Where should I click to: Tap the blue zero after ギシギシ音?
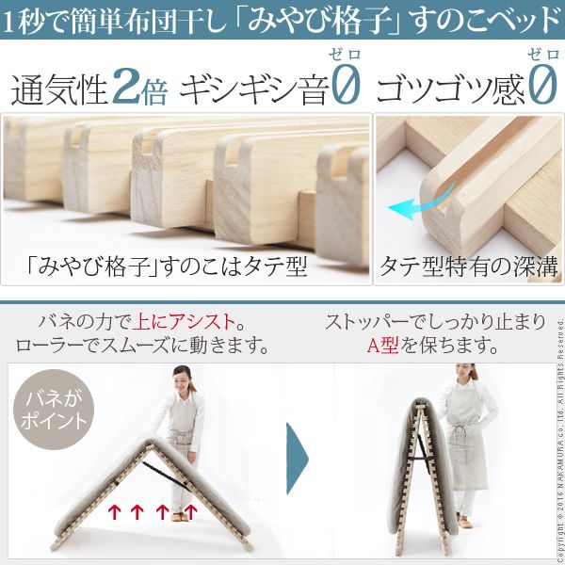346,85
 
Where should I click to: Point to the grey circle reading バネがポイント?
54,410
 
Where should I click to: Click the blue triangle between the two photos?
298,459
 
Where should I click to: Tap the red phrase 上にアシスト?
185,322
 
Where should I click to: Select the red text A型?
383,346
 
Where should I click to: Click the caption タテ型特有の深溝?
468,267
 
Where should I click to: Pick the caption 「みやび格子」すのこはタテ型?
167,267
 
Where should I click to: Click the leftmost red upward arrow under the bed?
114,511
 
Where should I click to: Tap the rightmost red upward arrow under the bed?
190,511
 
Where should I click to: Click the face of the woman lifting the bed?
183,382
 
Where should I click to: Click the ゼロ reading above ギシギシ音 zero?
345,56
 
